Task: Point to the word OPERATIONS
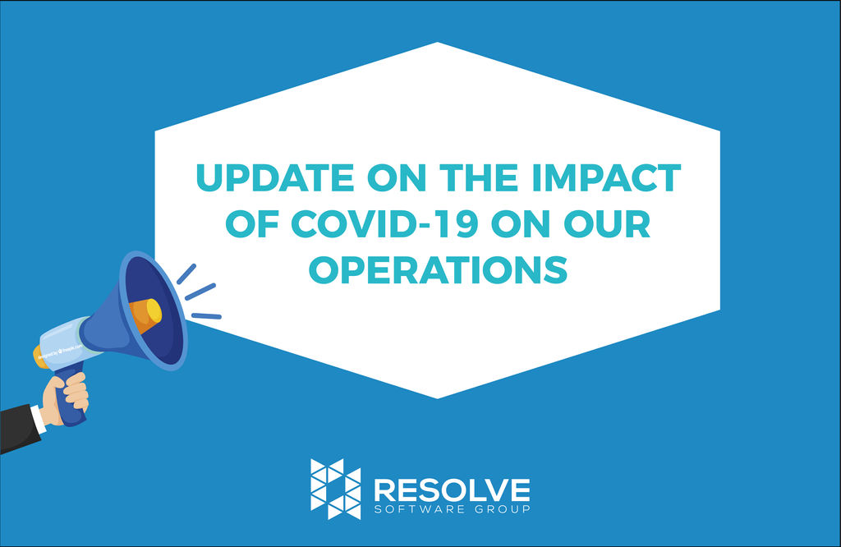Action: [x=438, y=269]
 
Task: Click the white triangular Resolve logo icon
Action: [x=335, y=489]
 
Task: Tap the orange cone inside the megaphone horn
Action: [x=145, y=315]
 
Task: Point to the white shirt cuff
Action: [x=41, y=414]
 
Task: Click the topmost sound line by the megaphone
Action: [x=186, y=273]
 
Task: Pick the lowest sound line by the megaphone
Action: [x=206, y=315]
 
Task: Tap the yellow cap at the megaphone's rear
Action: [x=37, y=356]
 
